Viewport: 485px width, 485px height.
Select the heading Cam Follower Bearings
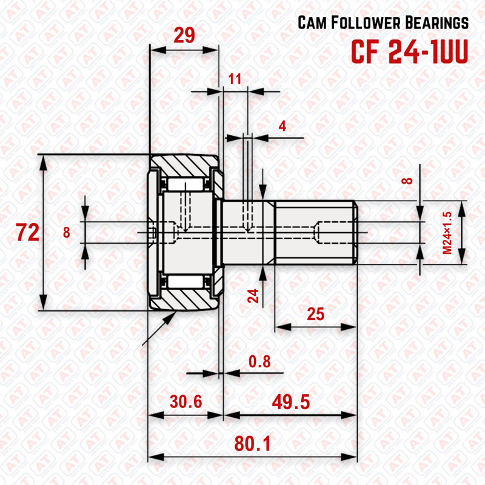point(383,23)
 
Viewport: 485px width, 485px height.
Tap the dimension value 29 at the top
point(184,35)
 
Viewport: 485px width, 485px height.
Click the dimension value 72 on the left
point(28,232)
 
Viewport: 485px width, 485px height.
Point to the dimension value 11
point(235,78)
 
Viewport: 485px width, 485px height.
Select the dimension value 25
point(315,314)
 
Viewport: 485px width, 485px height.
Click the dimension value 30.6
point(186,401)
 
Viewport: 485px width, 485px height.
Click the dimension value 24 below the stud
point(254,296)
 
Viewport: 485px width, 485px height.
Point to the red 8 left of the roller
point(67,232)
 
